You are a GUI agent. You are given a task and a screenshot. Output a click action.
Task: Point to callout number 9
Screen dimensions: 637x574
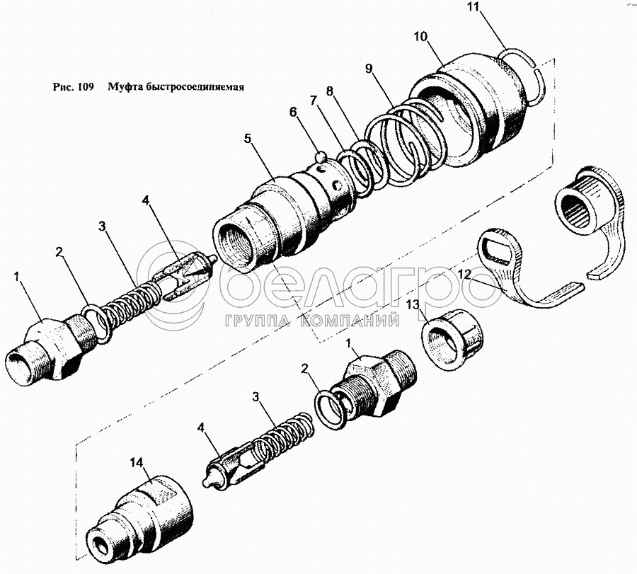[368, 69]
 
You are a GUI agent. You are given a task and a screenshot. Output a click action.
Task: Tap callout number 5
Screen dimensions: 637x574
[248, 139]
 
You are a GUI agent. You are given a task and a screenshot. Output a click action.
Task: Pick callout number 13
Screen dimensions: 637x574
[413, 305]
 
